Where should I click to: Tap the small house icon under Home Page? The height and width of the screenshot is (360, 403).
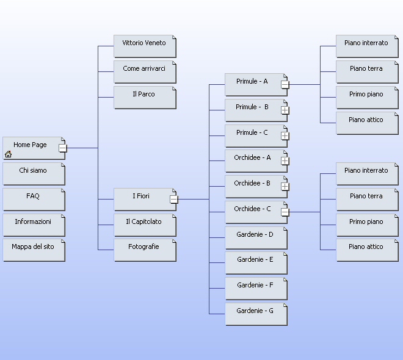coord(8,154)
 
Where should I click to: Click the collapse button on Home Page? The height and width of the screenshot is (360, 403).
coord(62,148)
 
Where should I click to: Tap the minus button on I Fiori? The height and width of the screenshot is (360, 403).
coord(173,199)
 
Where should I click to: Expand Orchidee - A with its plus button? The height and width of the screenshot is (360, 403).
coord(285,161)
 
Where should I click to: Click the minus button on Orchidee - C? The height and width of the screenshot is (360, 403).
coord(285,212)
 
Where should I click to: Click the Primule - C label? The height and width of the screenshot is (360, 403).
coord(252,133)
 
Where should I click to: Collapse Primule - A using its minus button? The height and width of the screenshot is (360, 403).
coord(285,84)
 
